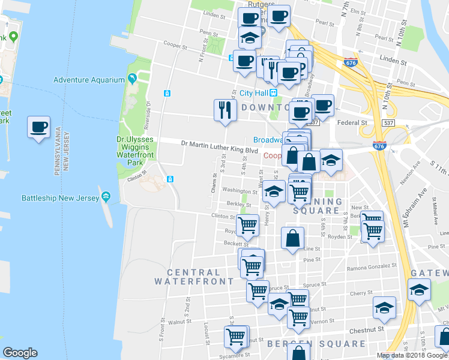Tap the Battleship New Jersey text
[x=61, y=197]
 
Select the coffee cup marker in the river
[x=39, y=128]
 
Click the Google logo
[x=20, y=353]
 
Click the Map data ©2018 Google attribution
[x=412, y=355]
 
